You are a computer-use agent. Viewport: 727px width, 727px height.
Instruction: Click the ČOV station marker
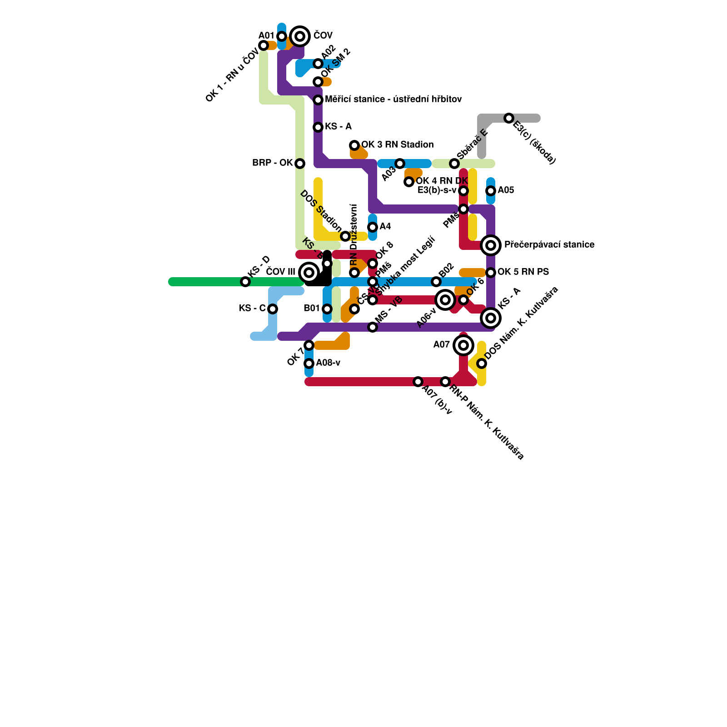point(300,36)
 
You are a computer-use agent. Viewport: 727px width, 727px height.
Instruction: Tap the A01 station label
point(266,36)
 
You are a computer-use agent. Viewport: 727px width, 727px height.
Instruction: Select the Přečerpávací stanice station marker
point(491,245)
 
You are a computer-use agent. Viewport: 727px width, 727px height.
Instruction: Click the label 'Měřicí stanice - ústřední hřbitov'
point(393,100)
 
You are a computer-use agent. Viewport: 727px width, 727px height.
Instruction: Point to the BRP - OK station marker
point(300,164)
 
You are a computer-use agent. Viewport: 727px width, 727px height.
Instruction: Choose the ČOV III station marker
point(309,273)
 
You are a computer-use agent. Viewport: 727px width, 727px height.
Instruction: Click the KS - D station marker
point(245,282)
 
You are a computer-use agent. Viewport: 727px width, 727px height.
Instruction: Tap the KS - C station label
point(252,309)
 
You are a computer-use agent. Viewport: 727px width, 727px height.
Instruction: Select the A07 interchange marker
point(463,345)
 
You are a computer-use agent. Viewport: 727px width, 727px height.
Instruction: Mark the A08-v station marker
point(309,363)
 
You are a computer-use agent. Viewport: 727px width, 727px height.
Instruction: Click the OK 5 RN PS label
point(523,272)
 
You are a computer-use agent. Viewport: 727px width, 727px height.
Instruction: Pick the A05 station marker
point(491,191)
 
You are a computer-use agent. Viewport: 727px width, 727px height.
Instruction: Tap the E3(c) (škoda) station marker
point(509,118)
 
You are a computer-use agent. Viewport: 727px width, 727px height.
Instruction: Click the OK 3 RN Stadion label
point(397,145)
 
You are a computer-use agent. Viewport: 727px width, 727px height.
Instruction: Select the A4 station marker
point(373,227)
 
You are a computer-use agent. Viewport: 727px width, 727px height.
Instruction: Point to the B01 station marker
point(327,309)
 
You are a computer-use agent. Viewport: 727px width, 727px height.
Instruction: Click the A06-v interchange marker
point(445,300)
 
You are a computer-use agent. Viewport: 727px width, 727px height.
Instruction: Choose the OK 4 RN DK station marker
point(409,182)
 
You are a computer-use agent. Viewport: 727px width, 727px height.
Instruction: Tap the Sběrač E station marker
point(454,164)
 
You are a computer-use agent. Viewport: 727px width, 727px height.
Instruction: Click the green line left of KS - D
point(204,282)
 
